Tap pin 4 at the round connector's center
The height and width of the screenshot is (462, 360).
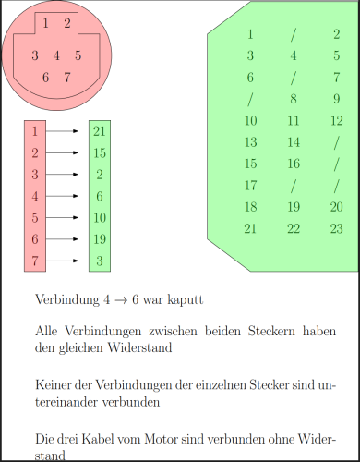56,55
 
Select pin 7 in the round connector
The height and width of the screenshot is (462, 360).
67,77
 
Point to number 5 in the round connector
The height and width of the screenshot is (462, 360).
78,55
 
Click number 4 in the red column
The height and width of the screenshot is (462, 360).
34,196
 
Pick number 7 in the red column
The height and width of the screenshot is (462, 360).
34,261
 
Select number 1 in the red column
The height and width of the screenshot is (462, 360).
34,130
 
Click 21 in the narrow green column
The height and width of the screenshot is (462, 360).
100,130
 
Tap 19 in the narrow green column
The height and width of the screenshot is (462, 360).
100,239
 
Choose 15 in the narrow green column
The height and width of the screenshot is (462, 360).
100,152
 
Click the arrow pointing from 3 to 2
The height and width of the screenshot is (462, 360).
62,175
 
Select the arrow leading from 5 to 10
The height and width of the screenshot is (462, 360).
62,218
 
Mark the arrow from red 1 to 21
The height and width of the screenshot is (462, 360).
62,131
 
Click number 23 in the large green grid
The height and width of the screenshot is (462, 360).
336,228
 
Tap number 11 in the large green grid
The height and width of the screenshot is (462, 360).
294,121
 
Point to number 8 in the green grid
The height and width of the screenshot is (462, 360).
294,99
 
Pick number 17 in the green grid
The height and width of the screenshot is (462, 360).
250,186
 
